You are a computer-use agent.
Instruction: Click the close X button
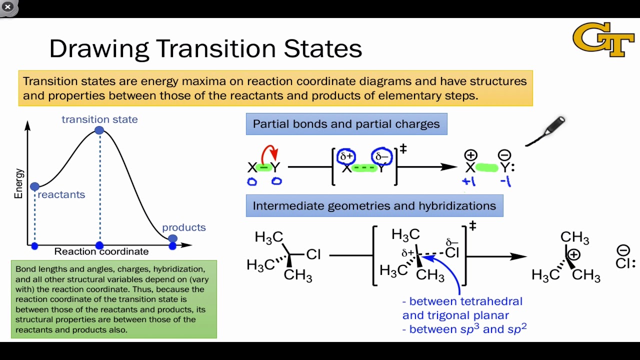click(8, 6)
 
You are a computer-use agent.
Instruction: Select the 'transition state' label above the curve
click(99, 119)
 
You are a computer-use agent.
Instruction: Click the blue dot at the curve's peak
click(99, 130)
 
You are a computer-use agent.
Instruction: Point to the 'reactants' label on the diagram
click(61, 194)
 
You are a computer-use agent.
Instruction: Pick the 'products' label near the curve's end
click(183, 227)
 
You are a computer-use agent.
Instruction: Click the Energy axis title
click(18, 183)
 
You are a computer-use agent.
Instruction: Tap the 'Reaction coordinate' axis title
click(101, 251)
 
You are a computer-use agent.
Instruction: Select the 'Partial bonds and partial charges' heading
click(346, 124)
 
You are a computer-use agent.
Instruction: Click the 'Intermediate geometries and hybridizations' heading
click(374, 205)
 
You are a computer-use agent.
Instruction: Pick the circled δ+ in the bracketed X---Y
click(346, 156)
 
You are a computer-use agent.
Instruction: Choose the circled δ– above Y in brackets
click(382, 156)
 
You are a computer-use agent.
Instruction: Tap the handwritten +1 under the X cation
click(469, 181)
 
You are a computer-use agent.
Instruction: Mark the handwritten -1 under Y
click(505, 181)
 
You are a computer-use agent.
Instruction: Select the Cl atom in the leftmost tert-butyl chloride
click(313, 254)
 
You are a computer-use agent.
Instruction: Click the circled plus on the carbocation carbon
click(573, 254)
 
